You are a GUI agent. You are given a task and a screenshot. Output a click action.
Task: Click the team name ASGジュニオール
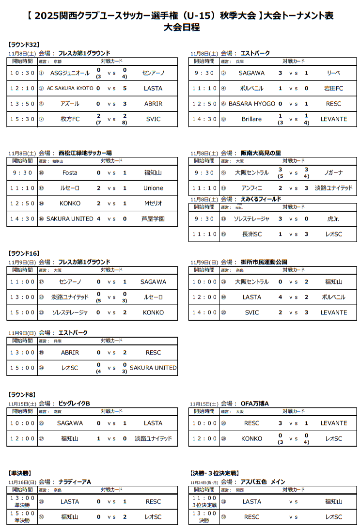pyautogui.click(x=70, y=73)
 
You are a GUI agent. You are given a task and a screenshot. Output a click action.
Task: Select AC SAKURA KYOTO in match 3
pyautogui.click(x=70, y=89)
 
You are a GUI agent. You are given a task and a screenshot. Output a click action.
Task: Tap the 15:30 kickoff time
pyautogui.click(x=22, y=119)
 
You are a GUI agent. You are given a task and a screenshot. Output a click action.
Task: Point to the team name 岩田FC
pyautogui.click(x=333, y=89)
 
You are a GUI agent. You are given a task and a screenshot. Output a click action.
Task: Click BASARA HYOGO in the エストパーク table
pyautogui.click(x=251, y=104)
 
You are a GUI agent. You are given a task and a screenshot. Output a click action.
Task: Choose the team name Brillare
pyautogui.click(x=251, y=119)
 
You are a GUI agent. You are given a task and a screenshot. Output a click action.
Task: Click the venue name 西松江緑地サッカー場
pyautogui.click(x=85, y=153)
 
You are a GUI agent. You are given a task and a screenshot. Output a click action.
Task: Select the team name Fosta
pyautogui.click(x=70, y=173)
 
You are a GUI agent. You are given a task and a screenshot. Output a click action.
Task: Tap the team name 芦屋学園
pyautogui.click(x=153, y=219)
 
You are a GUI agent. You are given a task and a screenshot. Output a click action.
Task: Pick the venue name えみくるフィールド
pyautogui.click(x=264, y=199)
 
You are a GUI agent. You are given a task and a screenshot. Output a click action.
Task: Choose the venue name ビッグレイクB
pyautogui.click(x=74, y=404)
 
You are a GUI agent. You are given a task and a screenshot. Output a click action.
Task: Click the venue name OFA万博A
pyautogui.click(x=255, y=404)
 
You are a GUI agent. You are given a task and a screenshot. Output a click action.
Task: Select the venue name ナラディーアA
pyautogui.click(x=75, y=482)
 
